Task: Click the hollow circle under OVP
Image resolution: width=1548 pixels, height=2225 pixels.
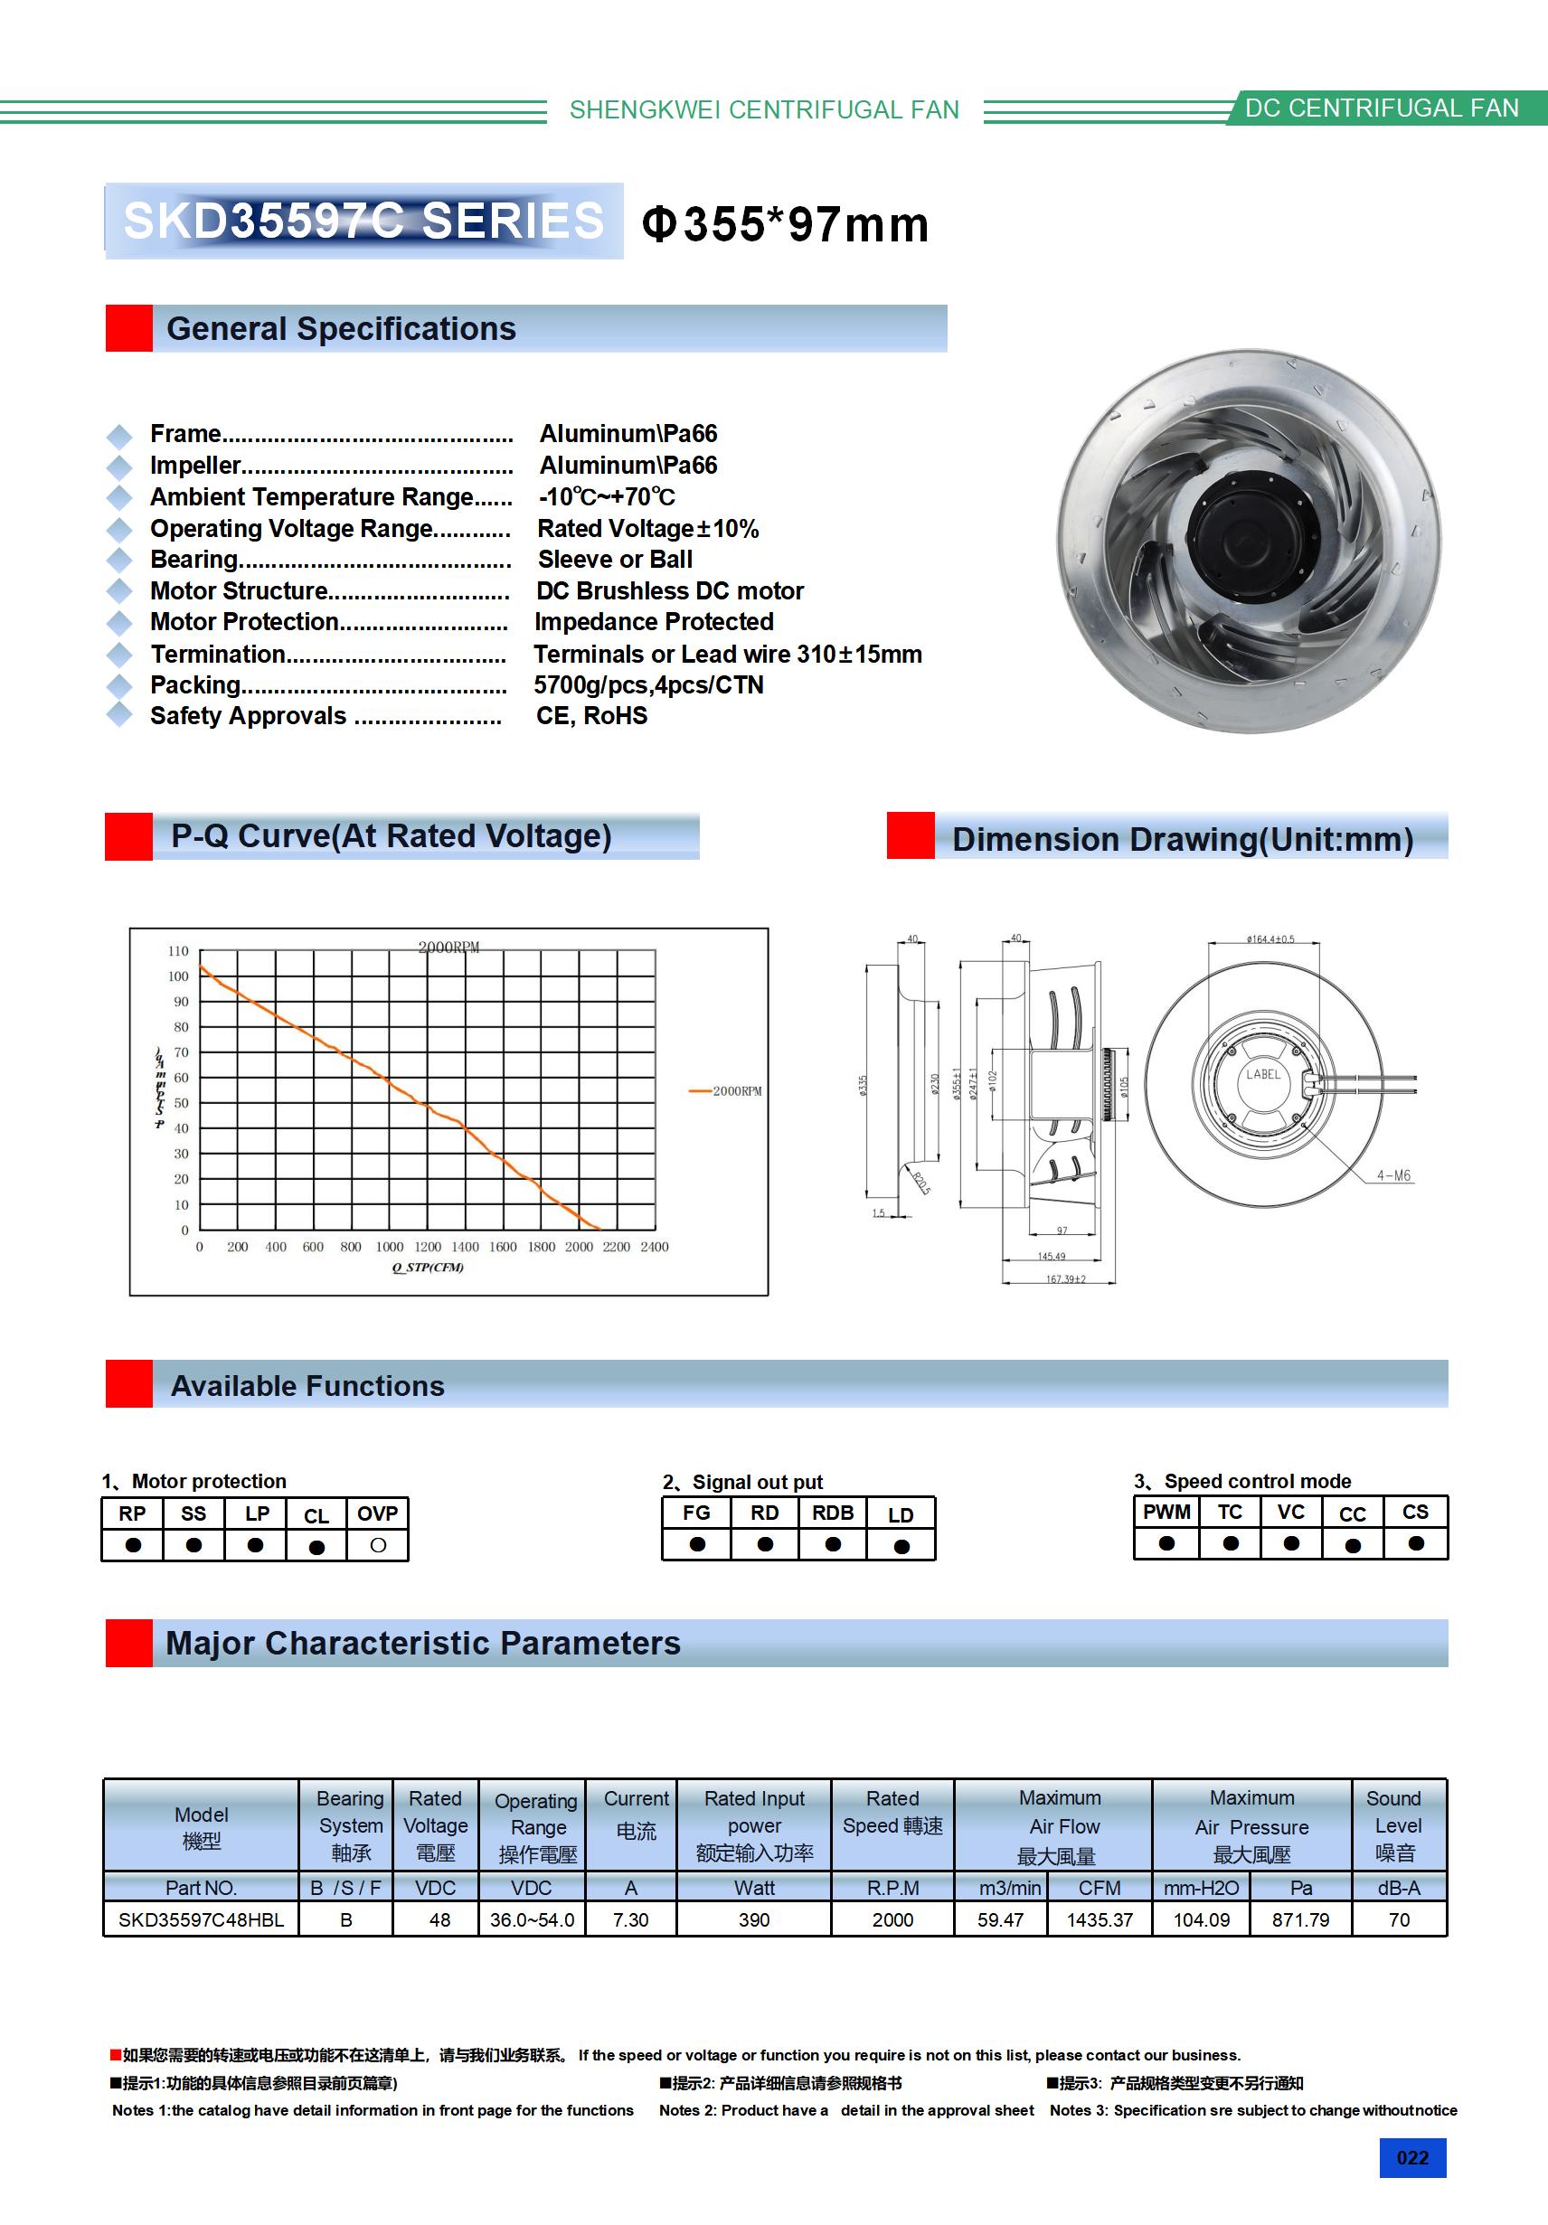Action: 378,1546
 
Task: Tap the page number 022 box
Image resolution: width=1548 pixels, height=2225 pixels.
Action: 1412,2157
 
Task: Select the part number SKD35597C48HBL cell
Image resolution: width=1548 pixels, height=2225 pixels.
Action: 201,1919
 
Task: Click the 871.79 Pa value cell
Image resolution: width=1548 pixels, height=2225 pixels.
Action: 1300,1919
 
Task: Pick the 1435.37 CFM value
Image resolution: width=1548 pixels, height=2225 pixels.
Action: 1100,1919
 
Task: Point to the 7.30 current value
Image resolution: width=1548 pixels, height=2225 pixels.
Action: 630,1919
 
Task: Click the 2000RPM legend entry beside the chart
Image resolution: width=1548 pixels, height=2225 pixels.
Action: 727,1091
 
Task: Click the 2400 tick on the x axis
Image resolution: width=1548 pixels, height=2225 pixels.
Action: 655,1247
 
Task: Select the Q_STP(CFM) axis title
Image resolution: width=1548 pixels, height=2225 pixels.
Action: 428,1268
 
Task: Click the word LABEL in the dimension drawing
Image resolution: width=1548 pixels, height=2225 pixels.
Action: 1263,1074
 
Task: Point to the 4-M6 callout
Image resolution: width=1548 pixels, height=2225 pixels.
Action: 1394,1175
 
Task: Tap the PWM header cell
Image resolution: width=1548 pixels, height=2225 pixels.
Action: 1166,1512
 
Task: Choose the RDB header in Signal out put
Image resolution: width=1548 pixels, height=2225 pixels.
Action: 833,1513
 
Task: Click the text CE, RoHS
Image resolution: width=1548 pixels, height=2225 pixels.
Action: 591,716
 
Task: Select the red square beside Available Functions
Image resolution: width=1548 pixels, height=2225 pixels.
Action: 129,1384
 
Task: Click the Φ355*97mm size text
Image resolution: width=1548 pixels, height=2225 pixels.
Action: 785,225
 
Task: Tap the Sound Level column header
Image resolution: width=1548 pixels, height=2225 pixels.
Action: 1396,1824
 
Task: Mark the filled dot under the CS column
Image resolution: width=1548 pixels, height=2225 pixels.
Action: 1416,1543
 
